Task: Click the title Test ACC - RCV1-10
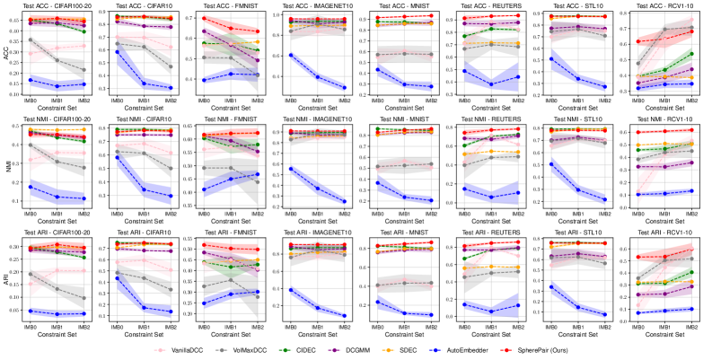[x=664, y=6]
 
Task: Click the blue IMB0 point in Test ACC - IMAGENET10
[x=289, y=55]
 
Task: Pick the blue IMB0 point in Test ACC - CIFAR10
[x=118, y=52]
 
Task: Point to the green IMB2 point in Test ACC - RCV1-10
[x=694, y=54]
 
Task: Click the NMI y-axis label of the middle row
[x=6, y=166]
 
